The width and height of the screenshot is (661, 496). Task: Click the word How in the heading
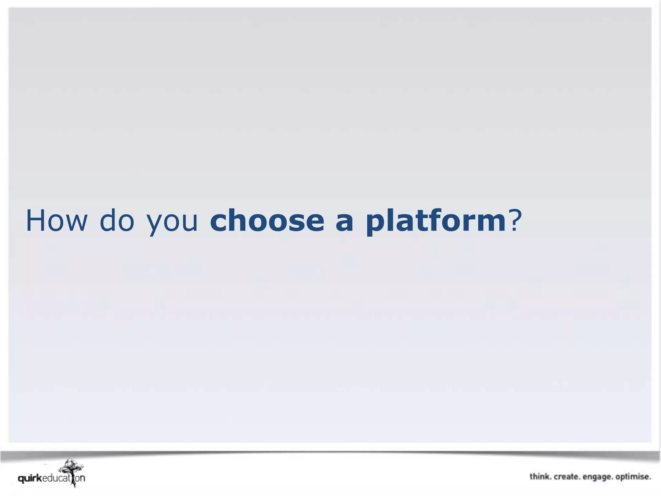pos(56,221)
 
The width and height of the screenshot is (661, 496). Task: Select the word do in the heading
pos(117,221)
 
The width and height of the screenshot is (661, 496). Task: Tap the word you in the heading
pos(172,223)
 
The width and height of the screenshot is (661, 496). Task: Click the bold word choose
pos(267,221)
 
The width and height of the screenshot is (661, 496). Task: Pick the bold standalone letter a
pos(344,223)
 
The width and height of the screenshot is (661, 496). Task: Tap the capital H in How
pos(36,221)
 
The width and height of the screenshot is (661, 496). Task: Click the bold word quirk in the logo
pos(30,479)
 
